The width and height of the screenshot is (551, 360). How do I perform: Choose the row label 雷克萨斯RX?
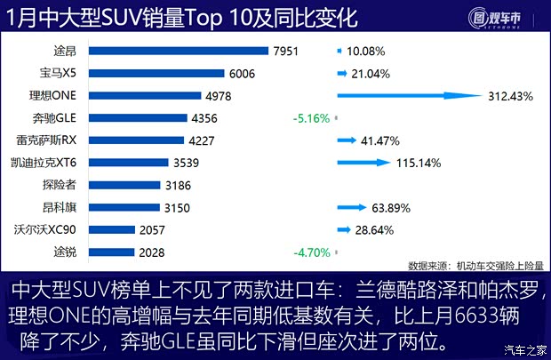click(x=46, y=140)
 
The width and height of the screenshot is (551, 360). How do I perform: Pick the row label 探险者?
click(x=59, y=185)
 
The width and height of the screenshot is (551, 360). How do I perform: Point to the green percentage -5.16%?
click(x=311, y=118)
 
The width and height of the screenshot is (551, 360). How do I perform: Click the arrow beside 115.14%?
click(x=364, y=163)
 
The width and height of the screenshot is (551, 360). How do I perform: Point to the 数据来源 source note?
click(x=475, y=266)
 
